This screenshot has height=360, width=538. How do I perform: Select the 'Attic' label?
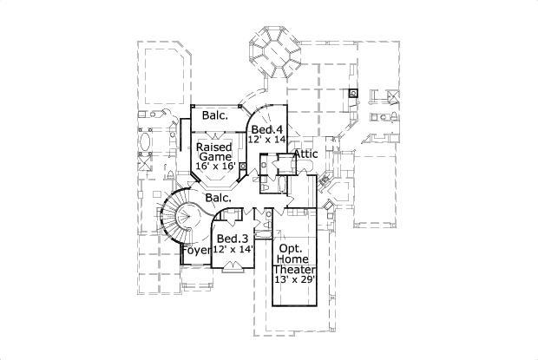tap(306, 154)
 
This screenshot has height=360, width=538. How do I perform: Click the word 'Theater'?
tap(296, 270)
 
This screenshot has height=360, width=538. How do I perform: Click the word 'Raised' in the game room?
tap(212, 146)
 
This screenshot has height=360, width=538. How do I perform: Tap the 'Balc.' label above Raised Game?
tap(215, 115)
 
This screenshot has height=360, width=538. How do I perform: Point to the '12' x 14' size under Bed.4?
tap(266, 139)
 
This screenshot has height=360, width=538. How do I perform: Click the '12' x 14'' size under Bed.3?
tap(233, 249)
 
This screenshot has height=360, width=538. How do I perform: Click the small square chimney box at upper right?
tap(353, 93)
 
